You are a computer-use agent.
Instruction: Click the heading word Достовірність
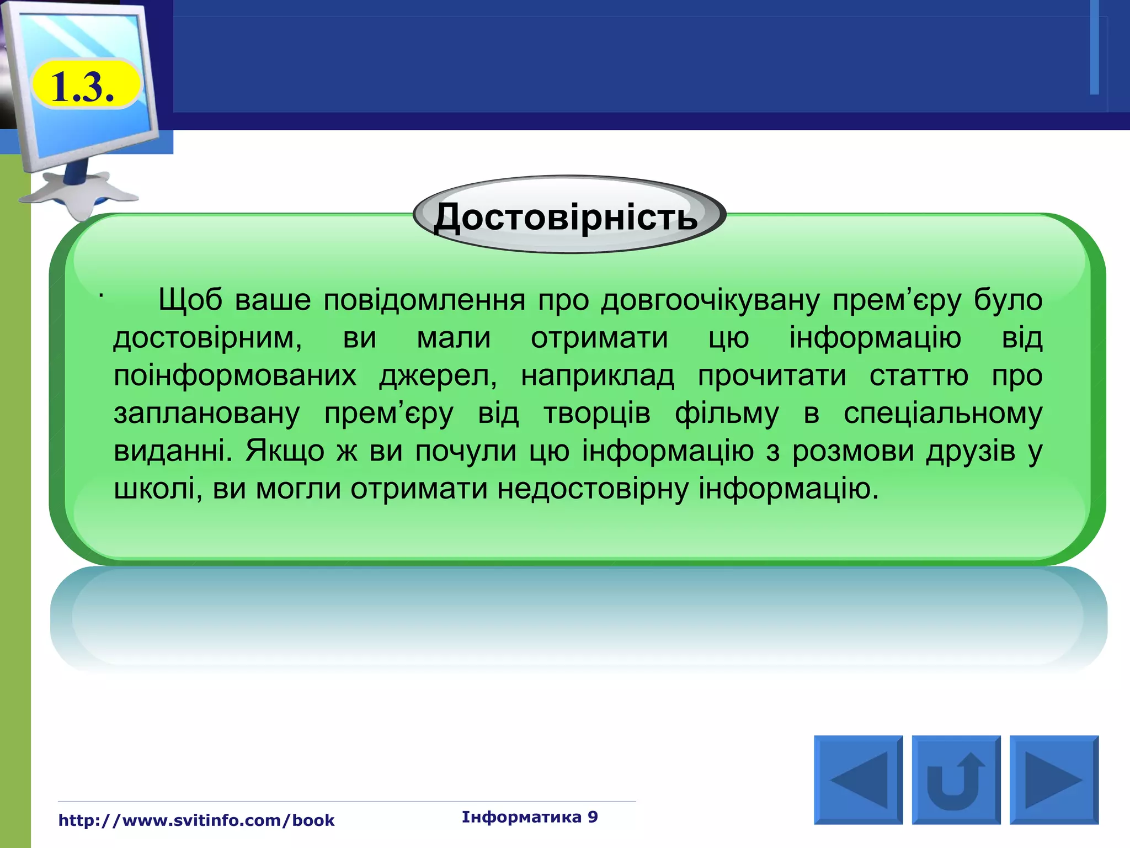click(x=566, y=217)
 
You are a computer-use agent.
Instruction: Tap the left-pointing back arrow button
click(x=858, y=780)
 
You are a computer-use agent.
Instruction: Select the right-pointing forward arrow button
click(x=1054, y=780)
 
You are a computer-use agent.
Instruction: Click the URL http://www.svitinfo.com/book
click(x=196, y=820)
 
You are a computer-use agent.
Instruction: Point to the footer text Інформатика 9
click(x=530, y=817)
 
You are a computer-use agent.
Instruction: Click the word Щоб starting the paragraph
click(x=190, y=300)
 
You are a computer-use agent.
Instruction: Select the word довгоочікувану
click(x=710, y=300)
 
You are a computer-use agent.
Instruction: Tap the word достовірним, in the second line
click(x=207, y=338)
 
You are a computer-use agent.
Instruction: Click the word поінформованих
click(x=235, y=376)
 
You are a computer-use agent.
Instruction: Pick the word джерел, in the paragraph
click(x=439, y=376)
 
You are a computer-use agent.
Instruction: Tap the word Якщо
click(x=285, y=451)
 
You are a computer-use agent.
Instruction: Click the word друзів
click(x=971, y=451)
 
